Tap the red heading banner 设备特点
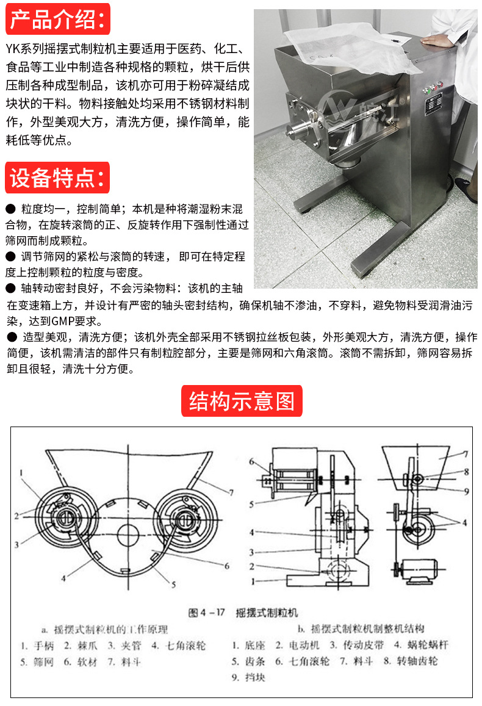click(58, 178)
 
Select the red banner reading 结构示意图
click(242, 401)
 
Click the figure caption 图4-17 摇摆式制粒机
click(242, 611)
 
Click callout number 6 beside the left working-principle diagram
click(226, 567)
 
